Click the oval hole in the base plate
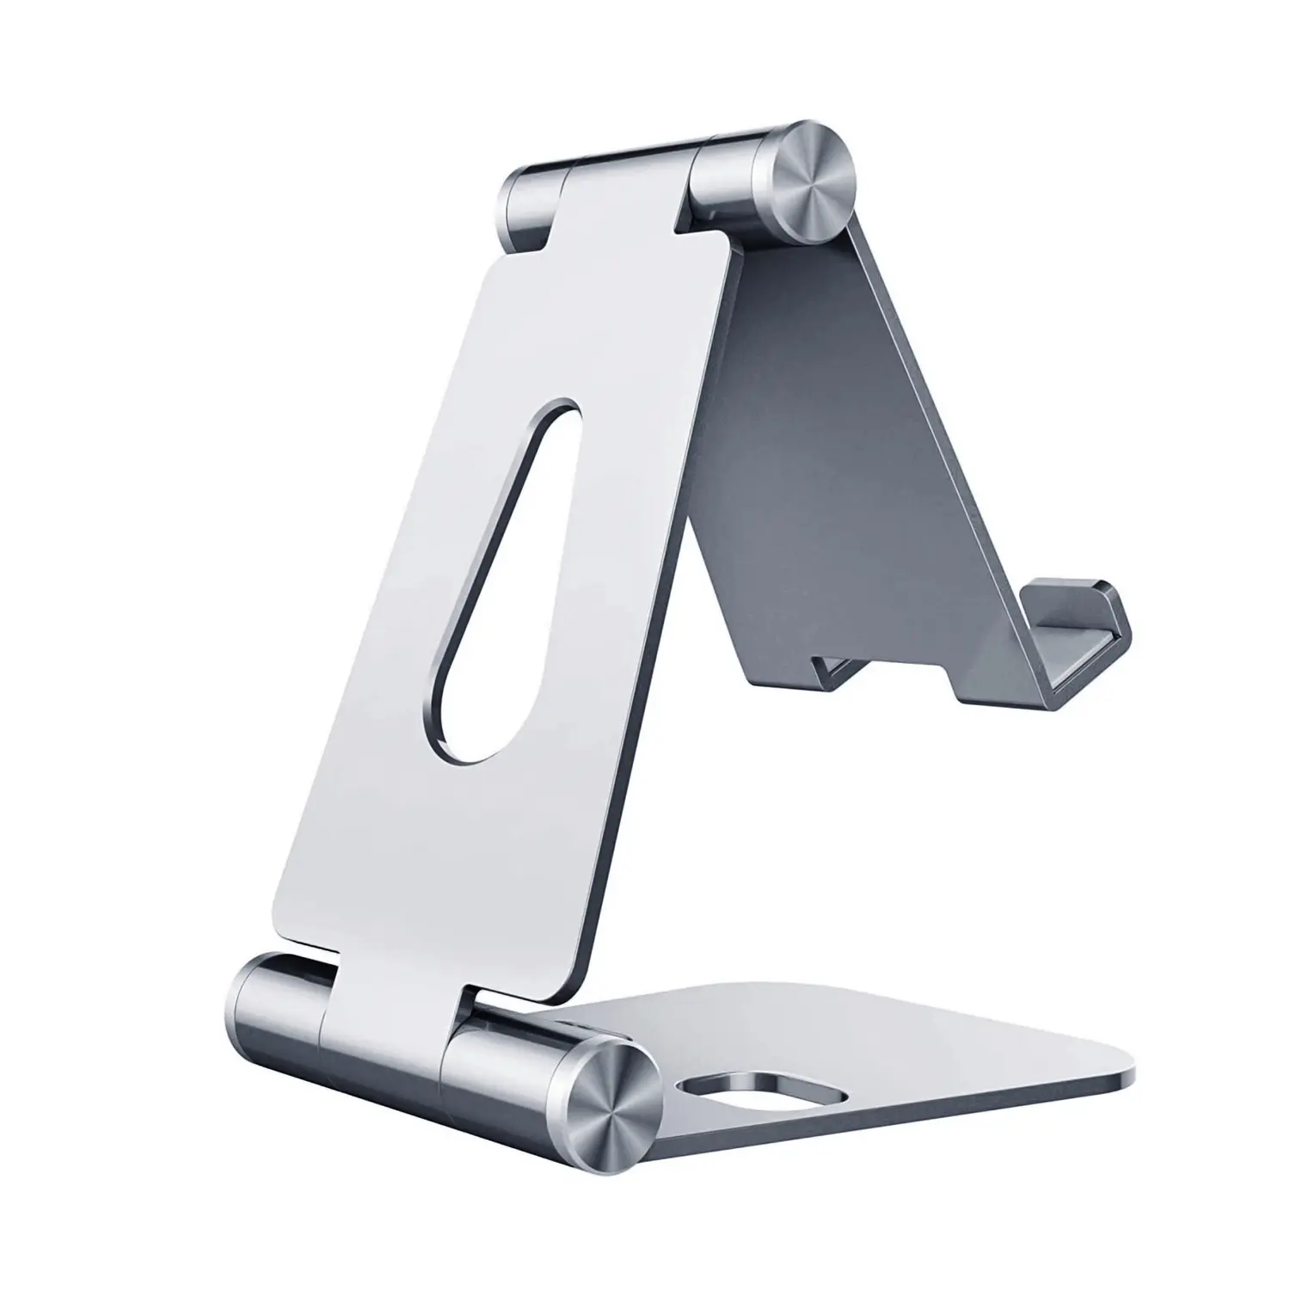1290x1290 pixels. click(x=761, y=1088)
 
